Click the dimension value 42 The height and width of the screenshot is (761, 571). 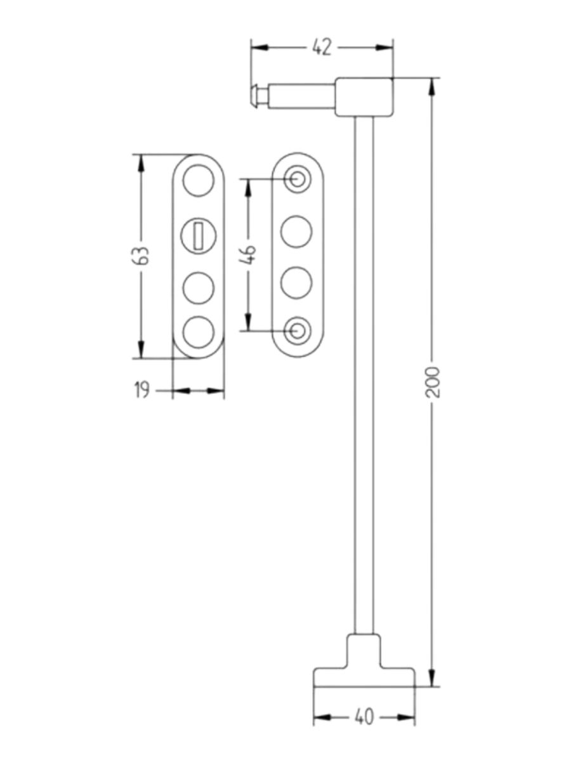point(322,48)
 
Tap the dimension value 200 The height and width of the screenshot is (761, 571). point(432,381)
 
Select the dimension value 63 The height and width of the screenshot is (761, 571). point(141,255)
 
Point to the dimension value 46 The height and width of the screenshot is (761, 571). point(249,254)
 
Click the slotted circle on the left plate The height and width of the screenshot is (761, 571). point(199,235)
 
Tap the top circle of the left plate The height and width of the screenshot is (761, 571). point(199,180)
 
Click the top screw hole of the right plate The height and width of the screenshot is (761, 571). point(296,179)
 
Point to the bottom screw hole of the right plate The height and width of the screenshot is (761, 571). point(296,330)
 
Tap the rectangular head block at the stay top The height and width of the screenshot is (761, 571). point(364,96)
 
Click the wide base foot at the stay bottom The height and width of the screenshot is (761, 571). point(364,676)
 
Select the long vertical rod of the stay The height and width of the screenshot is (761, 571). point(364,380)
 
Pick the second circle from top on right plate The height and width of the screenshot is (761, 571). point(296,231)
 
